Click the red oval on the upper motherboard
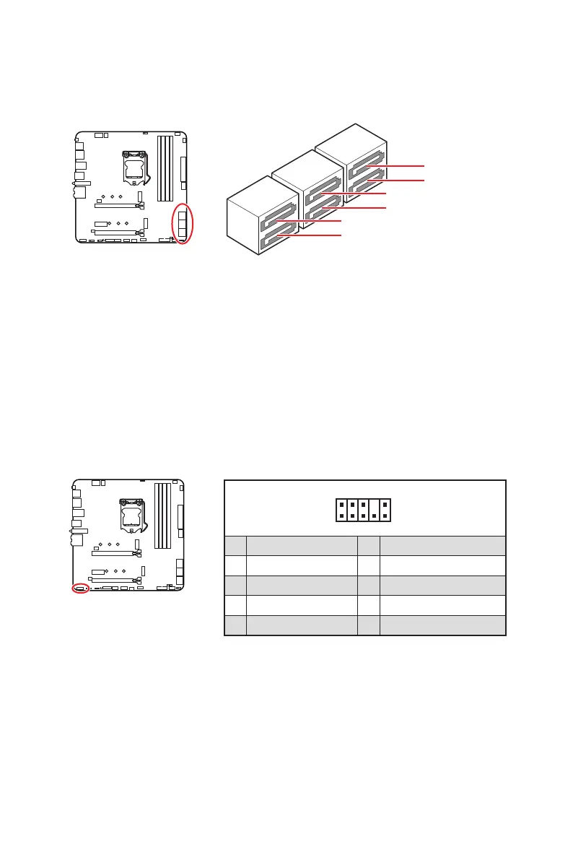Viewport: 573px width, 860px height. tap(183, 223)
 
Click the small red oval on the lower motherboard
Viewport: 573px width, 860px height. tap(81, 588)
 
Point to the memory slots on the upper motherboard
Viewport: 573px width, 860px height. tap(166, 168)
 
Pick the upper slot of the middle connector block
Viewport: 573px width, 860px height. tap(322, 191)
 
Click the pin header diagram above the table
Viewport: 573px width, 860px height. tap(363, 509)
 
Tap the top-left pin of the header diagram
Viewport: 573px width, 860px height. tap(341, 503)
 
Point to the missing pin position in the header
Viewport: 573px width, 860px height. tap(375, 503)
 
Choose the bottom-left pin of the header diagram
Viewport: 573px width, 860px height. tap(341, 516)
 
